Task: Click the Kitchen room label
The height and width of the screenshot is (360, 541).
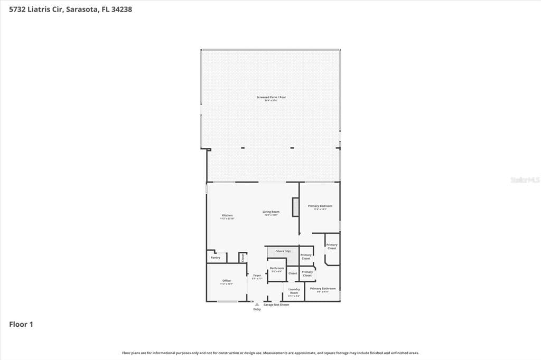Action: pos(227,215)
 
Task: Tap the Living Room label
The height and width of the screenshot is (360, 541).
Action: pos(271,212)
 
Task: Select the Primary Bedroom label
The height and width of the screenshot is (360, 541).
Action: pos(320,206)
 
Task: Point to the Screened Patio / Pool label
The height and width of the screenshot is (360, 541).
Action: pos(271,97)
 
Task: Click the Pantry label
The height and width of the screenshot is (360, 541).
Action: pos(216,258)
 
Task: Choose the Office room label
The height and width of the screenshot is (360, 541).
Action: pos(226,281)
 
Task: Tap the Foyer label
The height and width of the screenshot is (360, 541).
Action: pos(257,276)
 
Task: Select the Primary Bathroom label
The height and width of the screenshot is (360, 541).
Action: pos(323,289)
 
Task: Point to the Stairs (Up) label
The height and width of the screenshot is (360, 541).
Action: pos(283,251)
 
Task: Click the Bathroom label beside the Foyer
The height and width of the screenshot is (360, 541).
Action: pos(277,268)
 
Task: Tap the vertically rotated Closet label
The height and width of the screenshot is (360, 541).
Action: pos(243,258)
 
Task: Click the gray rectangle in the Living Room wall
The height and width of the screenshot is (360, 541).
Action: pos(295,207)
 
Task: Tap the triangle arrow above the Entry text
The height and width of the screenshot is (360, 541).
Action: pos(257,305)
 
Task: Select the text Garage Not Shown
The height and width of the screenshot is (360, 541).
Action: pos(276,305)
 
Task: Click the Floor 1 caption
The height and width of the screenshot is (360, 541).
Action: pos(21,325)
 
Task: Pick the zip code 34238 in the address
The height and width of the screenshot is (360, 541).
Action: pos(120,9)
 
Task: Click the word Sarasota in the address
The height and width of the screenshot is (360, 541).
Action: pos(81,9)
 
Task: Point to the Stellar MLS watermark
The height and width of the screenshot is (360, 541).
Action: pos(525,180)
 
